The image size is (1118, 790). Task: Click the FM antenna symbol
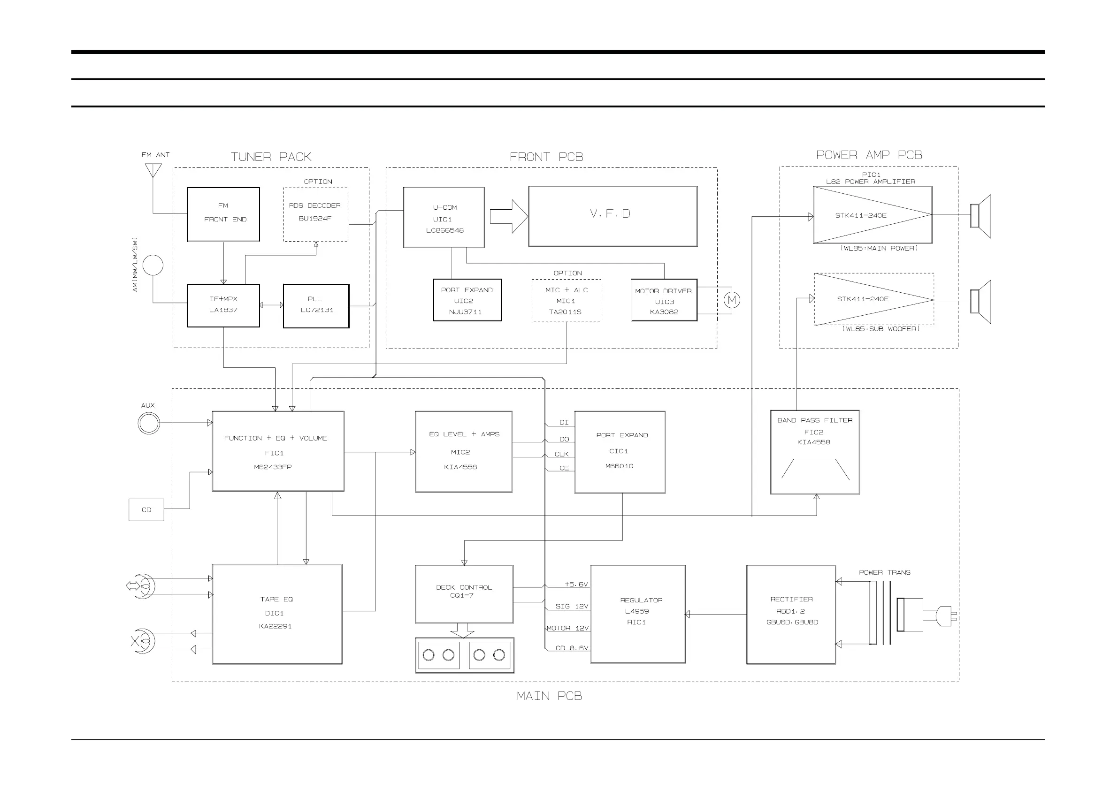[x=153, y=170]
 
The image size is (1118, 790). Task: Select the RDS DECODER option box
[x=315, y=214]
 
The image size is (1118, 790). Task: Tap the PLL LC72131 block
[x=316, y=306]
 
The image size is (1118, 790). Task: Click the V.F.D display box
[x=613, y=216]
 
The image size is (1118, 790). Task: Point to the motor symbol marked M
[x=731, y=300]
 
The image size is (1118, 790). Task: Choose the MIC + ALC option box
[x=566, y=300]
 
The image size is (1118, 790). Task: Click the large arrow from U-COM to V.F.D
[x=508, y=216]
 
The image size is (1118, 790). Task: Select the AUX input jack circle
[x=148, y=423]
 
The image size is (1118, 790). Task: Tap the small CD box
[x=146, y=509]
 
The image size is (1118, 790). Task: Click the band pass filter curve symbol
[x=815, y=469]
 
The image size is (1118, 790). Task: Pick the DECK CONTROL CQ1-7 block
[x=464, y=594]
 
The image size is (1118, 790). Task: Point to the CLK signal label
[x=561, y=454]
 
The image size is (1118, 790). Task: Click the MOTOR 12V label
[x=567, y=628]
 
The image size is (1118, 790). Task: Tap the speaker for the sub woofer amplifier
[x=980, y=301]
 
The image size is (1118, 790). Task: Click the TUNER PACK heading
[x=271, y=157]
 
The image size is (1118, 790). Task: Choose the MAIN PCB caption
[x=549, y=696]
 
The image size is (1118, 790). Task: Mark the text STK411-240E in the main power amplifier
[x=860, y=215]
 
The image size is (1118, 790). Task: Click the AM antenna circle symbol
[x=153, y=265]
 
